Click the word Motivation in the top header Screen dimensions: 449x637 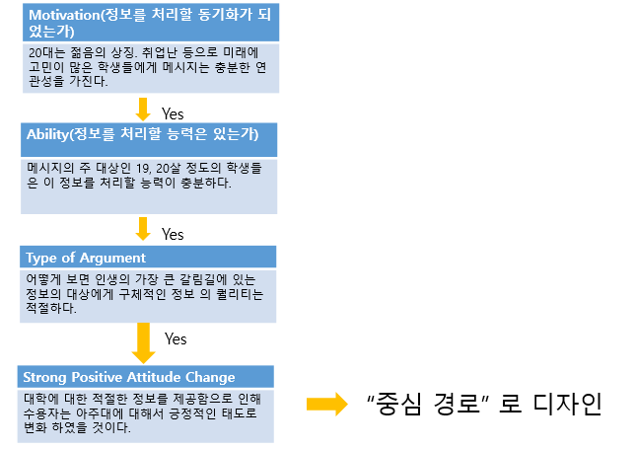tap(63, 18)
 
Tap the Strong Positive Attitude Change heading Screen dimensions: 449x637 tap(129, 377)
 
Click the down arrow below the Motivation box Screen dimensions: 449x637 tap(143, 109)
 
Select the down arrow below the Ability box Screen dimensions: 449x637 tap(143, 229)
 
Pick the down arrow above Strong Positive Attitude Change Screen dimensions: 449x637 tap(143, 342)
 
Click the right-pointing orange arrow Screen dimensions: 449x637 tap(324, 403)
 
